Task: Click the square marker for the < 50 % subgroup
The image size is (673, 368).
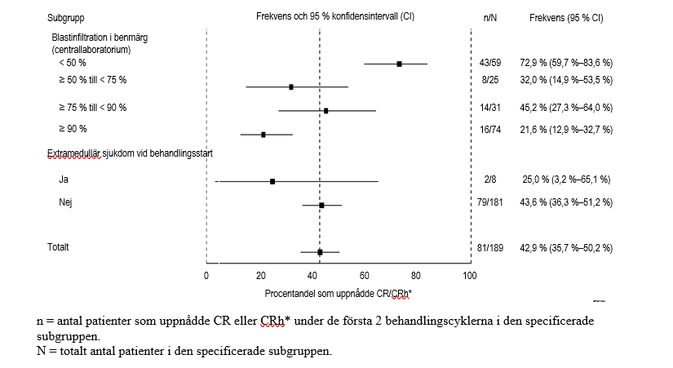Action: pos(399,64)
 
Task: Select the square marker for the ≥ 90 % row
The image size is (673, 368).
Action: pos(263,134)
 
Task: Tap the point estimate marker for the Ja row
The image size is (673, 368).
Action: pos(272,181)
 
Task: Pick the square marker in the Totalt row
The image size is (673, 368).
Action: pos(320,253)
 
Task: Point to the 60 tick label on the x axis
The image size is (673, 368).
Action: pos(365,276)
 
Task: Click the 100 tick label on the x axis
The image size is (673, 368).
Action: pos(470,276)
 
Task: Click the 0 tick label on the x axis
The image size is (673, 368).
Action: pos(207,276)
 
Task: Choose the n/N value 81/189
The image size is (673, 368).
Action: pos(490,247)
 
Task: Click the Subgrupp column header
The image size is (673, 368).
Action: pos(65,17)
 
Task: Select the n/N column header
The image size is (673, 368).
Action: pos(490,17)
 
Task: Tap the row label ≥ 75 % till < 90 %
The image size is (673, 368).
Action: pos(92,108)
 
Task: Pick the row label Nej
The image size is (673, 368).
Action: pos(66,202)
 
